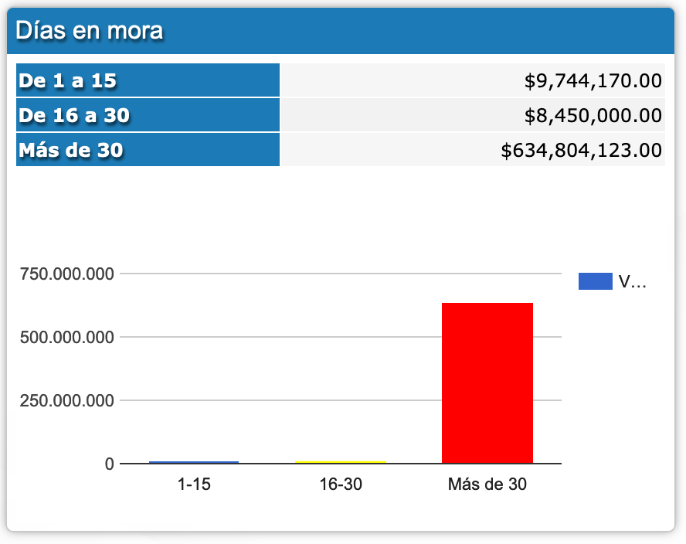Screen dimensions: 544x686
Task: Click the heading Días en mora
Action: [x=89, y=31]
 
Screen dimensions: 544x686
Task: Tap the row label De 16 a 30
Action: [x=74, y=115]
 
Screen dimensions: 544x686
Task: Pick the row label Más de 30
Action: [x=70, y=150]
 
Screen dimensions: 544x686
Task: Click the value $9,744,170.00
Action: [x=593, y=80]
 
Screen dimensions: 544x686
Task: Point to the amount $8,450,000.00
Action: [x=593, y=115]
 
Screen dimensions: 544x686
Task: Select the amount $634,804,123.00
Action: [x=581, y=150]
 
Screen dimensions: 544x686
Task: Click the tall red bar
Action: [x=487, y=383]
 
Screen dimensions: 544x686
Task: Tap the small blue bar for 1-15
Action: [x=194, y=462]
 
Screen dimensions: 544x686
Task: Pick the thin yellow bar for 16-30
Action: [x=341, y=462]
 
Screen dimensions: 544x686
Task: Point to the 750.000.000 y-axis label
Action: [x=67, y=274]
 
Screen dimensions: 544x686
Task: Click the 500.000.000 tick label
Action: [x=67, y=337]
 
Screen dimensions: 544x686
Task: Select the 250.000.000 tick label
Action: [x=67, y=400]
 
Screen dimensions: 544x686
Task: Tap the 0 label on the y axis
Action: [x=110, y=464]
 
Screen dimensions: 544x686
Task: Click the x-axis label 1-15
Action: [x=194, y=485]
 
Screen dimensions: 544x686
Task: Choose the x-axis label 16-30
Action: [x=341, y=485]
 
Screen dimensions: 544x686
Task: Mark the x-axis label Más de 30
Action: [x=487, y=485]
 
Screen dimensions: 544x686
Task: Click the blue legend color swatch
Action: [x=595, y=282]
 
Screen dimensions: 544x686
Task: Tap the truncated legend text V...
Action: [x=631, y=282]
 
